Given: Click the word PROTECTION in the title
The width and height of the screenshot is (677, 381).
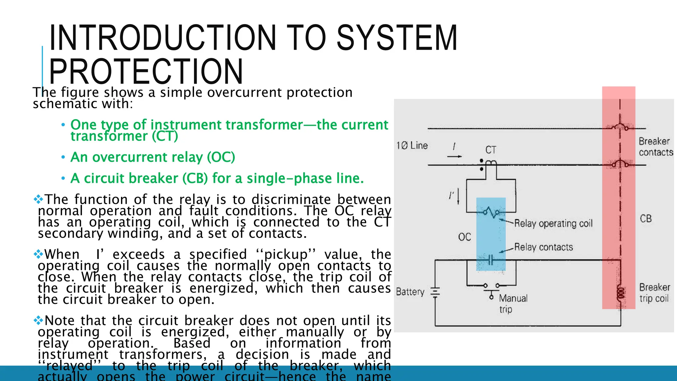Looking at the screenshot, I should click(146, 71).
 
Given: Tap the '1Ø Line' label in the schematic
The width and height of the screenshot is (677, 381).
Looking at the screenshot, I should click(412, 146).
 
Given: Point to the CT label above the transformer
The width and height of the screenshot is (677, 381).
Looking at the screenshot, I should click(491, 150).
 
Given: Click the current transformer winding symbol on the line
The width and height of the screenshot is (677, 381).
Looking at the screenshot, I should click(491, 162).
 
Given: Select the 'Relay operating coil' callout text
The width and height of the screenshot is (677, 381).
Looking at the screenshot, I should click(553, 224).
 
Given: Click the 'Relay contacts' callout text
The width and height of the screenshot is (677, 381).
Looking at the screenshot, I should click(543, 247).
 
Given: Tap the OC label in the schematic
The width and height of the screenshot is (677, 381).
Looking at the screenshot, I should click(464, 237).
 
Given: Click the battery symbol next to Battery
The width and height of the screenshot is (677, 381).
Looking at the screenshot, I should click(435, 292).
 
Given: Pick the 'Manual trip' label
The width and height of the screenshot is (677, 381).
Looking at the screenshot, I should click(512, 303).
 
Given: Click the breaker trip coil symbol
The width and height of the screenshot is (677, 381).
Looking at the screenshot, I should click(621, 293).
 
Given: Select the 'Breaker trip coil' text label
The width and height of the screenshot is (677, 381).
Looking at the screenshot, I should click(654, 293).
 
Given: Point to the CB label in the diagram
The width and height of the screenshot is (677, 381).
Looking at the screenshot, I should click(646, 219).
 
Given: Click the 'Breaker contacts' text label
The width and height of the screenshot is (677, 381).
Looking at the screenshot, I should click(655, 147).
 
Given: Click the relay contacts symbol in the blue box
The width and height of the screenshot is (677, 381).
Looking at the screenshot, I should click(491, 260).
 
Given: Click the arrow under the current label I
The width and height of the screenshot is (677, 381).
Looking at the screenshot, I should click(455, 156).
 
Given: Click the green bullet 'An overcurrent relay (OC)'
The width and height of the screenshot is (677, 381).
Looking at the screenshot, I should click(152, 157).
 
